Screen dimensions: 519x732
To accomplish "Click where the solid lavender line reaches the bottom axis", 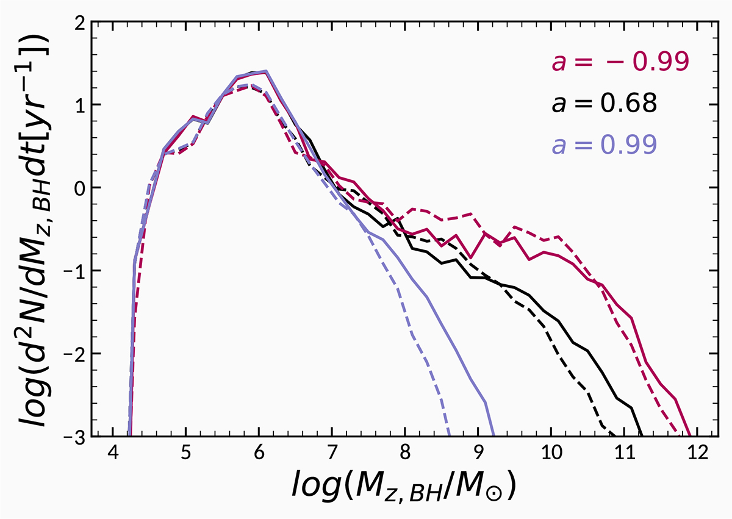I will point(492,435).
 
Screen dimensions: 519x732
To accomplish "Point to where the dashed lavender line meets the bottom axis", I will point(450,435).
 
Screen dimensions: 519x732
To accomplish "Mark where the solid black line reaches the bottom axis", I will point(642,435).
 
